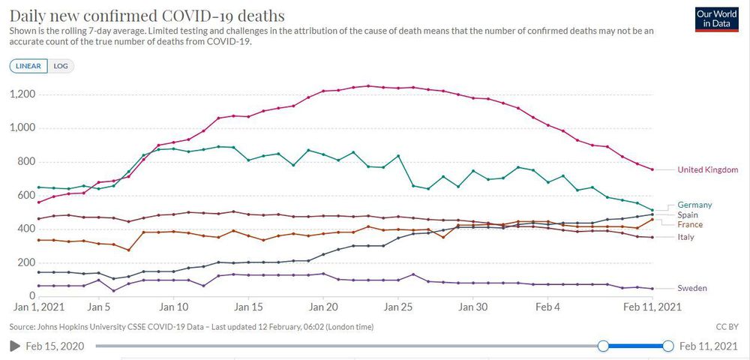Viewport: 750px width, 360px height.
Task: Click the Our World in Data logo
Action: [716, 19]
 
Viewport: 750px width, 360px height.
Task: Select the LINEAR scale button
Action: [28, 66]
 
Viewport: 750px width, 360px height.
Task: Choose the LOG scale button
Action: [61, 66]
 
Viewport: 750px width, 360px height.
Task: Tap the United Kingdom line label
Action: [707, 170]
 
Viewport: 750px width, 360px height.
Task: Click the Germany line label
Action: [694, 205]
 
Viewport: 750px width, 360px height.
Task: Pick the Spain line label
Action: [688, 214]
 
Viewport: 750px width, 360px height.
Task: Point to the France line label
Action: [690, 224]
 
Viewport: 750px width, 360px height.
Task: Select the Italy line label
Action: [685, 237]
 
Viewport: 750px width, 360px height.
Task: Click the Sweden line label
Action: [691, 288]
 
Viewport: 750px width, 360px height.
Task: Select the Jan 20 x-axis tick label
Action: [323, 307]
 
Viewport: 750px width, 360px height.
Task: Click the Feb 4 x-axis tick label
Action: [548, 307]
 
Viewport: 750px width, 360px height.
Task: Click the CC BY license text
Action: [727, 327]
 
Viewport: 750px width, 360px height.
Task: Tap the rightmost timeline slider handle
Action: [667, 346]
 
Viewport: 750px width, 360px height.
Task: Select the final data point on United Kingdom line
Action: [652, 169]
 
